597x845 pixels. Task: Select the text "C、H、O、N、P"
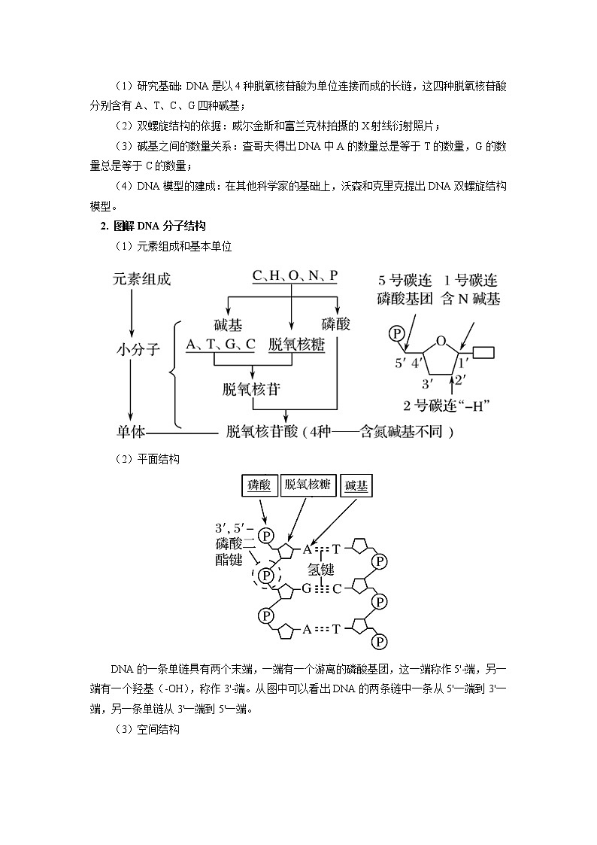click(x=295, y=277)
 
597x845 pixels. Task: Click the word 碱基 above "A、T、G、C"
click(x=228, y=325)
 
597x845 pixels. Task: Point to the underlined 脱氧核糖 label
click(x=296, y=345)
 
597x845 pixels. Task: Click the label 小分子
click(x=138, y=349)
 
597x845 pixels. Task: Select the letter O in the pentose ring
click(x=442, y=339)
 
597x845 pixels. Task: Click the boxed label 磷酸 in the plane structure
click(x=259, y=486)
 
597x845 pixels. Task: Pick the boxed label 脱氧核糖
click(x=308, y=485)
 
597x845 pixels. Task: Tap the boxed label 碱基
click(x=357, y=486)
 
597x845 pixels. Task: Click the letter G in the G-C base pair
click(x=307, y=588)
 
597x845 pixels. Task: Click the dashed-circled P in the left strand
click(x=265, y=576)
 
